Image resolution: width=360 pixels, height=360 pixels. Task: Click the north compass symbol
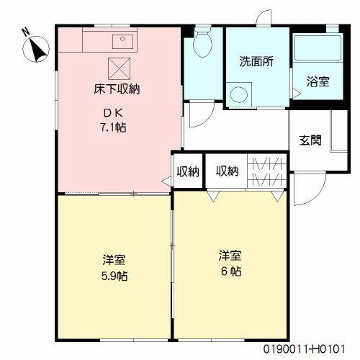[35, 46]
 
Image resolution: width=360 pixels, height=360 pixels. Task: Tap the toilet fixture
[202, 45]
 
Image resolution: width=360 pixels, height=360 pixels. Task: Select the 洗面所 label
[256, 61]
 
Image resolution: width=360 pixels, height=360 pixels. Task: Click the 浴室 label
[318, 81]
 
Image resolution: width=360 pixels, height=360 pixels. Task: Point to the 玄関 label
[310, 139]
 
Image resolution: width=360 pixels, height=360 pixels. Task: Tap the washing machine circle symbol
[238, 94]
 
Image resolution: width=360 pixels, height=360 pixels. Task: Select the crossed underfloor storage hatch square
[118, 69]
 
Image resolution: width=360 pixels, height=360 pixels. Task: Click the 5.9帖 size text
[110, 275]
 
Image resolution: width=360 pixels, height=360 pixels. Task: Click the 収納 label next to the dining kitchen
[189, 171]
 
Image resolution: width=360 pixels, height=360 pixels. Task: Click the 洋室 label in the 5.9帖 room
[110, 259]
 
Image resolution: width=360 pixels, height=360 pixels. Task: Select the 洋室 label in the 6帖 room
[230, 256]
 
